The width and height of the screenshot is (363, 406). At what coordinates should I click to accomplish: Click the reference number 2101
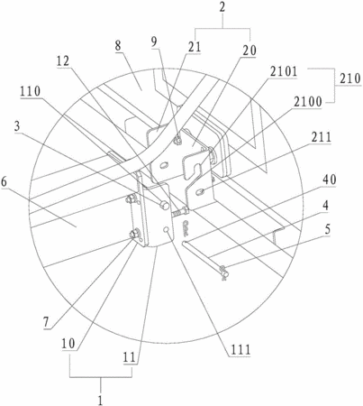284,72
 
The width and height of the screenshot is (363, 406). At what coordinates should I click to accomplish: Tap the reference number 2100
308,102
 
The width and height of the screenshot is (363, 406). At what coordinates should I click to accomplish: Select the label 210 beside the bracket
350,79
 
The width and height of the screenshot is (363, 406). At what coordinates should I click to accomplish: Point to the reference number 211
321,137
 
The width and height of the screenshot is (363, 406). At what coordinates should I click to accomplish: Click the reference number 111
240,350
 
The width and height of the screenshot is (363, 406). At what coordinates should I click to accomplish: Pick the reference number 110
31,91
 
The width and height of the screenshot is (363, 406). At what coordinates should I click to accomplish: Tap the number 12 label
63,61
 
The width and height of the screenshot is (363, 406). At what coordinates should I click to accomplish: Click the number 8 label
118,46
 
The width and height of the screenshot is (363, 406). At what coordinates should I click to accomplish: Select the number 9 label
154,42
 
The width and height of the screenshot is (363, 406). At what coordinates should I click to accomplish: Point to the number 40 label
330,180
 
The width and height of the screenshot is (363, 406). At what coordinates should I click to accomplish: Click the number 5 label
327,229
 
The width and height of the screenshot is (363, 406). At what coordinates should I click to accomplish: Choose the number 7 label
46,323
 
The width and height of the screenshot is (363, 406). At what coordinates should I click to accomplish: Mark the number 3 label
17,126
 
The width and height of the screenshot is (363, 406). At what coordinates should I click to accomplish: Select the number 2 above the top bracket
222,7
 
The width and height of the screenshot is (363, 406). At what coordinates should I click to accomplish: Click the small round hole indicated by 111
167,230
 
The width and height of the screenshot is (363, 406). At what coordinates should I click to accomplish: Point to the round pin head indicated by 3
163,205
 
